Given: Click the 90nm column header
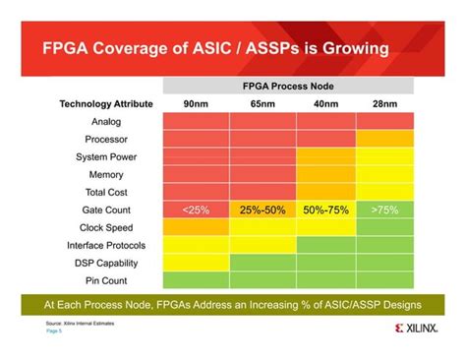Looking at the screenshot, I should coord(196,103).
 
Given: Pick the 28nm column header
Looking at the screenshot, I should coord(383,103).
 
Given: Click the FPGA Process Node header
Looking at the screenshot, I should coord(288,86).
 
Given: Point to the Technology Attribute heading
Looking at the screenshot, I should coord(106,103).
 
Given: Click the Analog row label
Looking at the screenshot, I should coord(106,121).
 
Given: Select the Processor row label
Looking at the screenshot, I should coord(106,139).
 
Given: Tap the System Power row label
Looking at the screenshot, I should coord(106,156).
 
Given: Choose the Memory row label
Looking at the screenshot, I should coord(106,174).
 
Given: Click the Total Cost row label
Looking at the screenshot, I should coord(106,192).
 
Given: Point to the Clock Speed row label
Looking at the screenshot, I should coord(106,227).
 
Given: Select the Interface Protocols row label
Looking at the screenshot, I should coord(106,245).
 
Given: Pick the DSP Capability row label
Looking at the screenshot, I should coord(106,263).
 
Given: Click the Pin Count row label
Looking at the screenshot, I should coord(106,280).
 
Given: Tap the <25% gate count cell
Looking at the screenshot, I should coord(196,210).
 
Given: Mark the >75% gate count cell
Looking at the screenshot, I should coord(383,210).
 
